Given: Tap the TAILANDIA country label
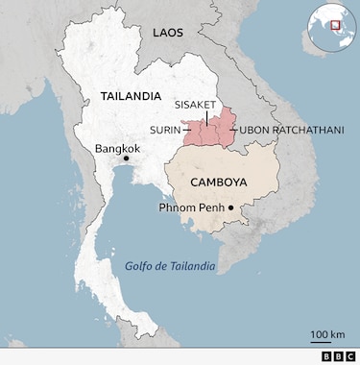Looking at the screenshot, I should pyautogui.click(x=130, y=96).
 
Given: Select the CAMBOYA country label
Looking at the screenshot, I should pyautogui.click(x=218, y=182).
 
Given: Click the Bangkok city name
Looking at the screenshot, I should pyautogui.click(x=117, y=149).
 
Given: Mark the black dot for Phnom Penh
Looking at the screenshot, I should pyautogui.click(x=231, y=207).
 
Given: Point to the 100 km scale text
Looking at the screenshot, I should pyautogui.click(x=327, y=334).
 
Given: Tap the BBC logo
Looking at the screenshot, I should pyautogui.click(x=338, y=356).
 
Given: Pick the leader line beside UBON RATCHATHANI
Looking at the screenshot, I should pyautogui.click(x=230, y=130).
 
